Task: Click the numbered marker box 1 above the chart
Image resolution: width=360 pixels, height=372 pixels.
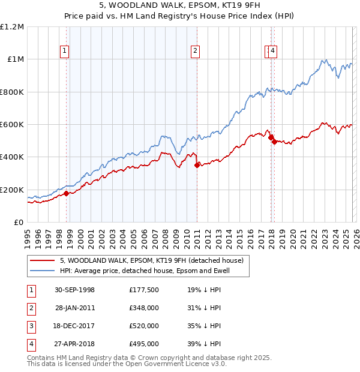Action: point(65,52)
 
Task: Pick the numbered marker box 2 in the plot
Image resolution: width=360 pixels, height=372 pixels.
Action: point(196,52)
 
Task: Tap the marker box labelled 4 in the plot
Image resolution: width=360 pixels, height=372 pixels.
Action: point(272,52)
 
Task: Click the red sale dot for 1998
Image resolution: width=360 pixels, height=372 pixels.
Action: point(67,193)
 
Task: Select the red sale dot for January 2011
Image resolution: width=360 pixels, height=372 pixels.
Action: point(197,166)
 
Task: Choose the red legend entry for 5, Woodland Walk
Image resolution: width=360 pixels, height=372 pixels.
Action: point(151,260)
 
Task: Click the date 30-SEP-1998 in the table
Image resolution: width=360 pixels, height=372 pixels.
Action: point(74,290)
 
